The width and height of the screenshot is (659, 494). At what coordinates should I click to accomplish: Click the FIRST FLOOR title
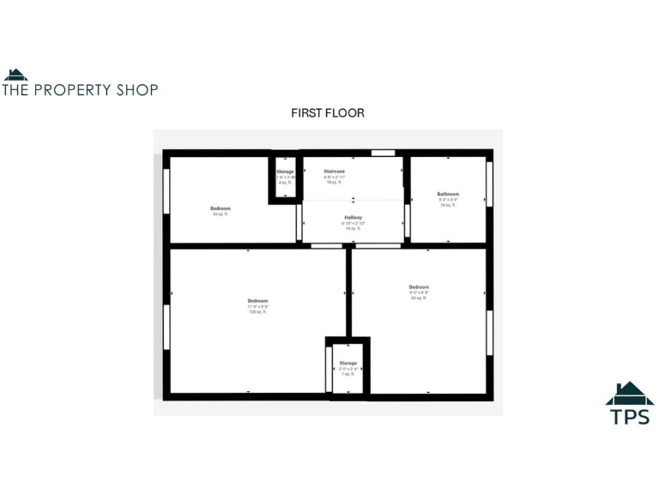point(328,113)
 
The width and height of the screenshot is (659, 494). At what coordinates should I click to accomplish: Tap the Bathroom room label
point(448,194)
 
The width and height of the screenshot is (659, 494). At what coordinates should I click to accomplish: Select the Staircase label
point(334,172)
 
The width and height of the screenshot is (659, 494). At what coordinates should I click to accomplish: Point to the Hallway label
point(354,218)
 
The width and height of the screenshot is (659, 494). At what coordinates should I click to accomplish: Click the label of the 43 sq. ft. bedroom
point(221,208)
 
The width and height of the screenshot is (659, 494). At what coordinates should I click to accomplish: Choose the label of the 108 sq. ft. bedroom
point(257,301)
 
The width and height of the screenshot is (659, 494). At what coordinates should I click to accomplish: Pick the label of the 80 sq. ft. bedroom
point(419,286)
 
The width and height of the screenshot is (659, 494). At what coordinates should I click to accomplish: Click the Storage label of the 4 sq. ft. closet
point(285,172)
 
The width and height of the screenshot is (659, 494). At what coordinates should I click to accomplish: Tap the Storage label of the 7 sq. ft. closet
point(348,364)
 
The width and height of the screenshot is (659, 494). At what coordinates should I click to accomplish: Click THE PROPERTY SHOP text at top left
point(80,89)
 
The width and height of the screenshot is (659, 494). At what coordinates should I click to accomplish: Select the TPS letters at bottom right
point(630,417)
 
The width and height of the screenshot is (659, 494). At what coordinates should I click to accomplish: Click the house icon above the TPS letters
point(630,394)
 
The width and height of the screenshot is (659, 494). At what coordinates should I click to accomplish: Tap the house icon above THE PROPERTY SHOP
point(15,75)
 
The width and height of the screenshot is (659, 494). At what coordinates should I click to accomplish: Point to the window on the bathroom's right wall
point(489,183)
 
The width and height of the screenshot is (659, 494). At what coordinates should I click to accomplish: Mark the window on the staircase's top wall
point(383,154)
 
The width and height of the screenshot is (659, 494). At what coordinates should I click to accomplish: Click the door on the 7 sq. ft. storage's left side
point(331,369)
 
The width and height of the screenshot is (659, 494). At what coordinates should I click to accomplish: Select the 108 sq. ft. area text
point(257,312)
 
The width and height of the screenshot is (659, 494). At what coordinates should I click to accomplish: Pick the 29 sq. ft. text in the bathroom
point(447,205)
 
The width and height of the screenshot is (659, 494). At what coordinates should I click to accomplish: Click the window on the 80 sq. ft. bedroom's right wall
point(489,333)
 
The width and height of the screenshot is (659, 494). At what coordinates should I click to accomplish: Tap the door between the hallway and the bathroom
point(407,221)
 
